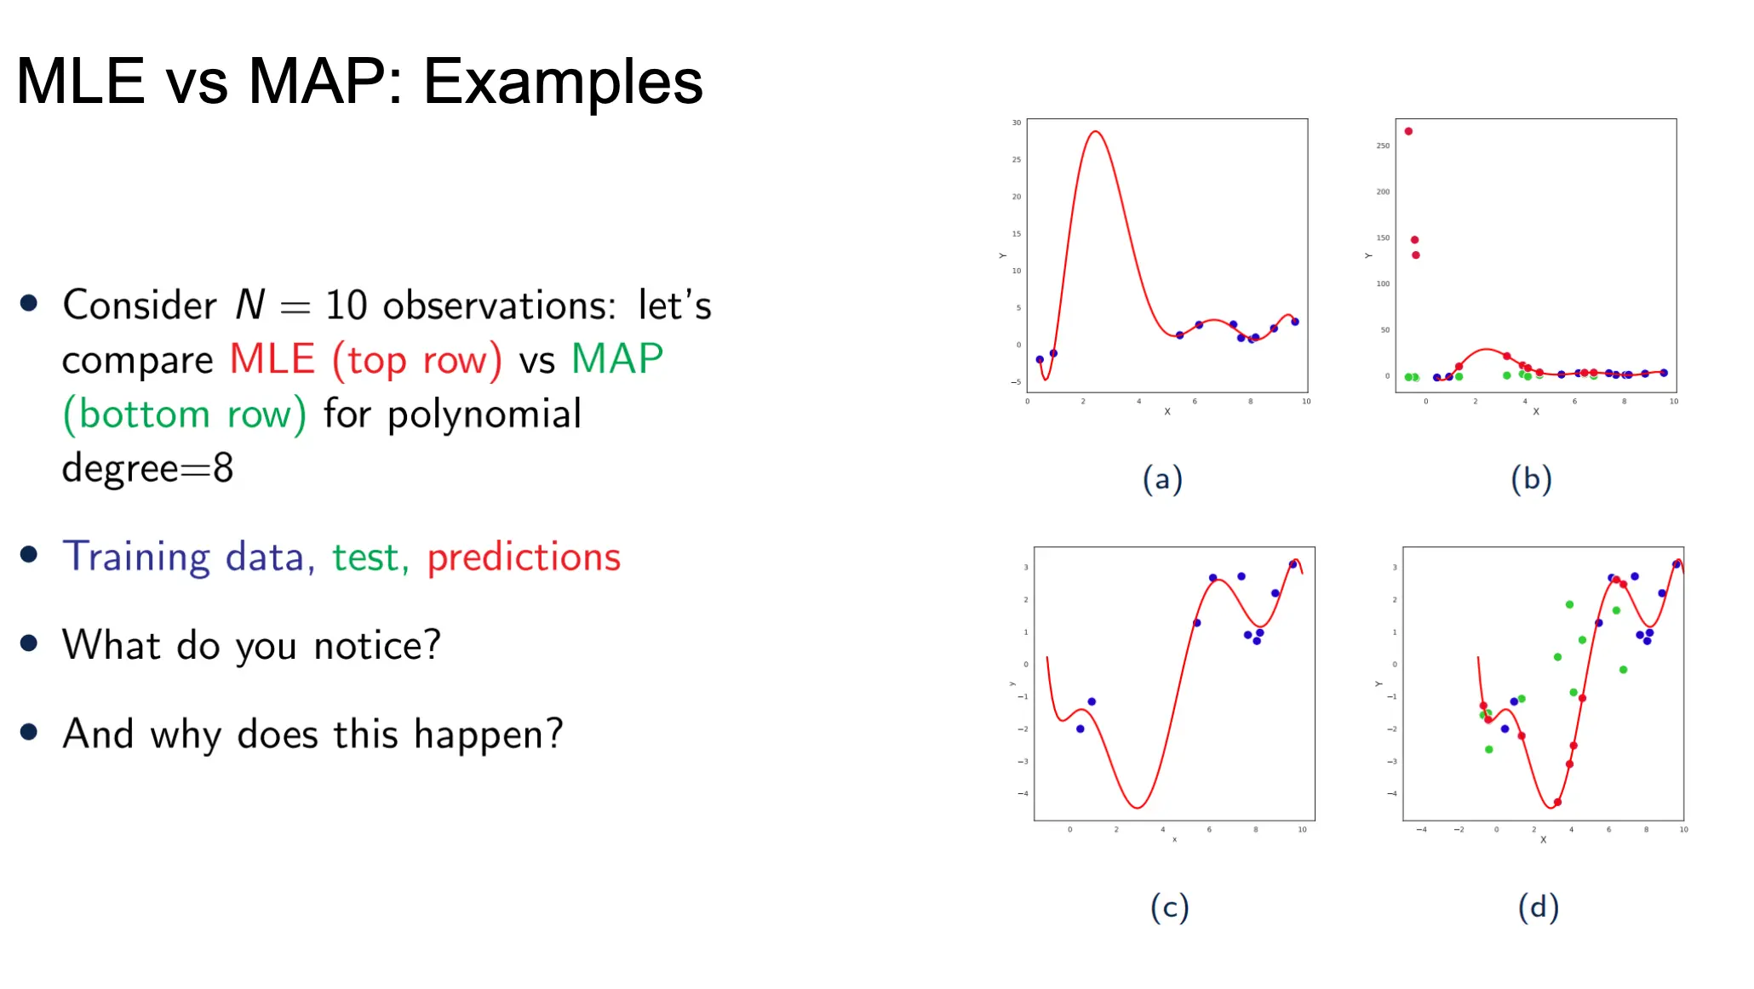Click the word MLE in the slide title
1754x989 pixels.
pyautogui.click(x=81, y=81)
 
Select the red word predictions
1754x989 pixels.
pyautogui.click(x=524, y=558)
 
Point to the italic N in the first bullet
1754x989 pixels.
pyautogui.click(x=250, y=305)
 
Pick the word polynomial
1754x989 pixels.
pyautogui.click(x=484, y=415)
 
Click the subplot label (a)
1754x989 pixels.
pyautogui.click(x=1162, y=479)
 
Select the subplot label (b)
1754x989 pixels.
pyautogui.click(x=1531, y=479)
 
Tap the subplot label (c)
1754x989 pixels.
pyautogui.click(x=1169, y=907)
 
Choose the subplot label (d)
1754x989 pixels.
pyautogui.click(x=1539, y=907)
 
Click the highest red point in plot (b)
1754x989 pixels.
pyautogui.click(x=1408, y=131)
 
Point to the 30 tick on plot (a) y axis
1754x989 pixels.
pyautogui.click(x=1016, y=123)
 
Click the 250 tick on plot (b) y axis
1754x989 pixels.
pyautogui.click(x=1383, y=146)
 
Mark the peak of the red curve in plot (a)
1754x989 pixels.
pyautogui.click(x=1096, y=131)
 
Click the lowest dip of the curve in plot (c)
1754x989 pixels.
pyautogui.click(x=1137, y=807)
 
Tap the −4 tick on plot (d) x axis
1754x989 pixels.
pyautogui.click(x=1421, y=829)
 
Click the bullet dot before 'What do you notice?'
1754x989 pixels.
pyautogui.click(x=29, y=643)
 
